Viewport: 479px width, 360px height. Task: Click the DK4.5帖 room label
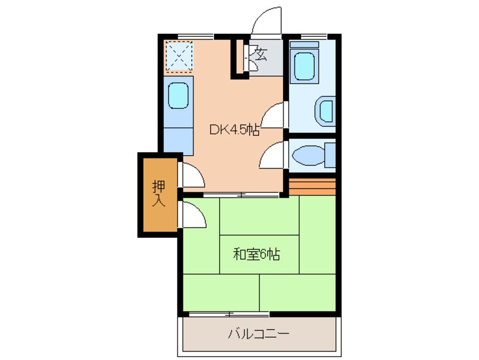pos(234,130)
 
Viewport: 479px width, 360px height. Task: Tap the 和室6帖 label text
pos(256,254)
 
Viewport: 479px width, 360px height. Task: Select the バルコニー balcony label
pos(258,333)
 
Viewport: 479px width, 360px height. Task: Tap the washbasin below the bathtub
pos(326,110)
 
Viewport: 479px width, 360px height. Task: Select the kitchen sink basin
pos(178,95)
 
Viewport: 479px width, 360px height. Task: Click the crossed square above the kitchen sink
pos(179,57)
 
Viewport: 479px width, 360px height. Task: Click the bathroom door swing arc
pos(273,115)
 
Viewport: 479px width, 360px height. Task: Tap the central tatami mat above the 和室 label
pos(259,217)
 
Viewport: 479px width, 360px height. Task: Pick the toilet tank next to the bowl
pos(330,155)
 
